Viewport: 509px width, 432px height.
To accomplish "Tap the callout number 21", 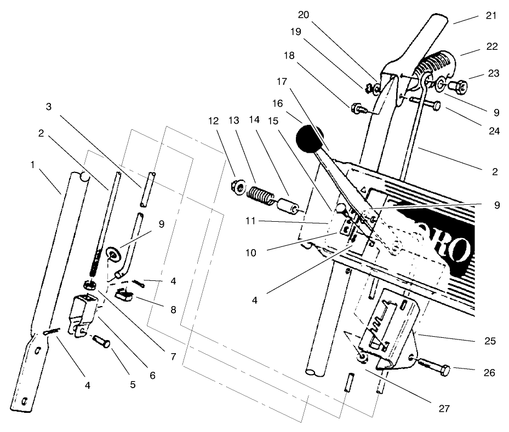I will (491, 15).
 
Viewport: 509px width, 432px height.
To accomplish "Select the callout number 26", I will (489, 373).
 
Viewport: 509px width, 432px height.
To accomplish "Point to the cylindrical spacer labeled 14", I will (289, 209).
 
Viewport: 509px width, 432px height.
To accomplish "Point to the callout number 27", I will (452, 408).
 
